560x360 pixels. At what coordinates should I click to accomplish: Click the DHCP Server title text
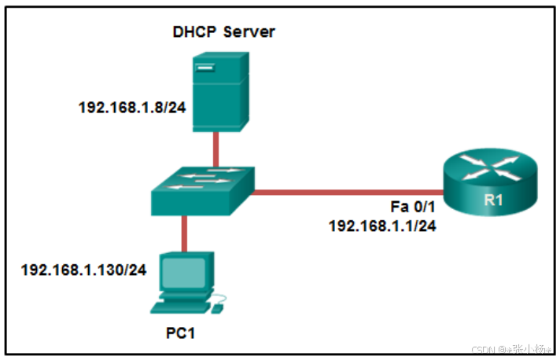(224, 32)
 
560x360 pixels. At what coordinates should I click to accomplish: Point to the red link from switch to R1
(346, 191)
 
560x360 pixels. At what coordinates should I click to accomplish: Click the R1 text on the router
(493, 200)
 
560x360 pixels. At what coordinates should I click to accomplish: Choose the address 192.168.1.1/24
(382, 225)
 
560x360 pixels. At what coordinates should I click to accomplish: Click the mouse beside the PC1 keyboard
(217, 307)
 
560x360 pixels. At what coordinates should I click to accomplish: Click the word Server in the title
(249, 32)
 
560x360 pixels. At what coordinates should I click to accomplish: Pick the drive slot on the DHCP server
(206, 70)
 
